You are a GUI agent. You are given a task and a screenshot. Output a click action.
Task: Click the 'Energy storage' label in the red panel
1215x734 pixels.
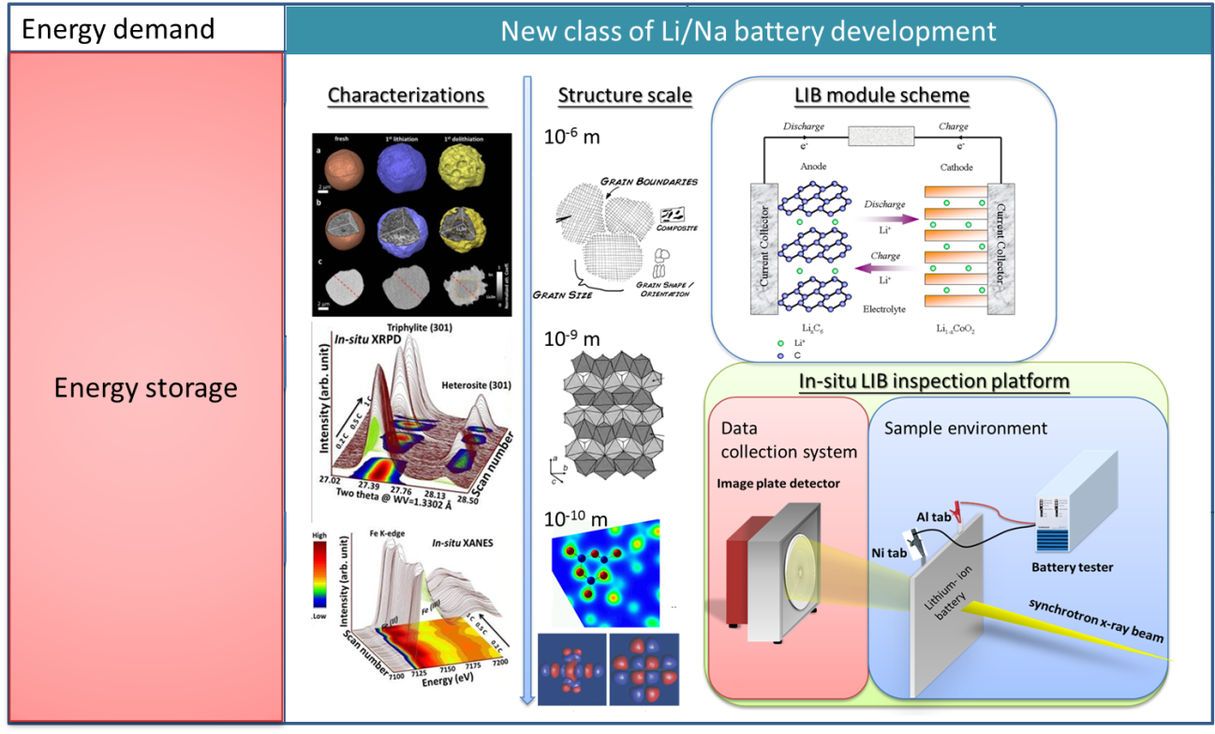(x=146, y=387)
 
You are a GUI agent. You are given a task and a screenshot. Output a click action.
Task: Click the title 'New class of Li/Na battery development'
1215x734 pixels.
(x=748, y=30)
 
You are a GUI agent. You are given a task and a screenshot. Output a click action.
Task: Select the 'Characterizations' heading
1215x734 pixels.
(x=407, y=96)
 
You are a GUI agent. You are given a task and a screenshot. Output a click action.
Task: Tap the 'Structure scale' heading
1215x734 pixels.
(x=625, y=96)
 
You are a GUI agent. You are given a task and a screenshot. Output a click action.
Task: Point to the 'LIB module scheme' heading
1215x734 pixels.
(x=882, y=96)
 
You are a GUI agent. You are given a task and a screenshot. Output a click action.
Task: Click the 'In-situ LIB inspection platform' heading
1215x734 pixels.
(x=934, y=382)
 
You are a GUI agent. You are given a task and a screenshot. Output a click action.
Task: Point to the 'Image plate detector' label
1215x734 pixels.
(x=778, y=484)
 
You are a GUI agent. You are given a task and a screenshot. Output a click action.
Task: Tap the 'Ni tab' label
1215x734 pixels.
(x=889, y=553)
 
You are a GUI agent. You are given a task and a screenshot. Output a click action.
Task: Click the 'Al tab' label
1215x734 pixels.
(x=936, y=517)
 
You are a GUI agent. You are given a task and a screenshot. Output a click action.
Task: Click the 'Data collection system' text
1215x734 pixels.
(x=789, y=440)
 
